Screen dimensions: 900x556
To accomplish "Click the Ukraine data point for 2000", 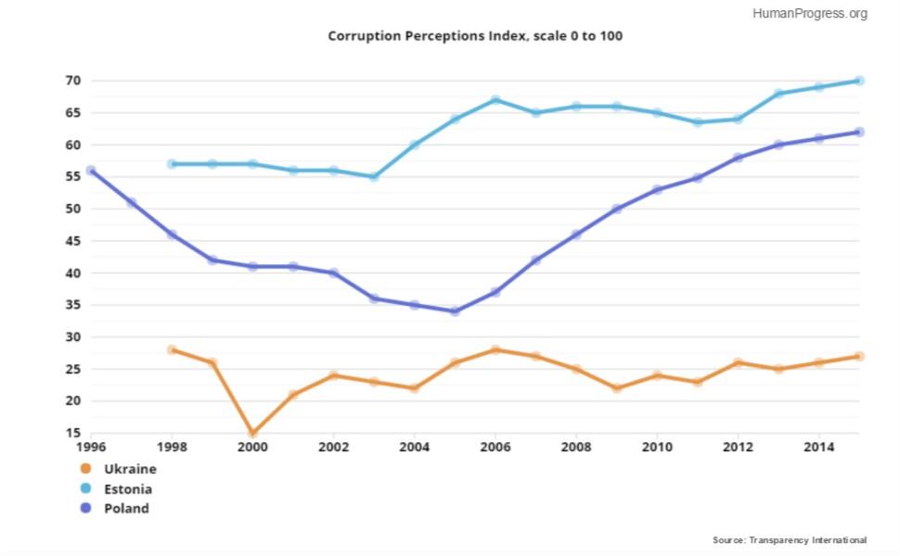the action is [x=252, y=433].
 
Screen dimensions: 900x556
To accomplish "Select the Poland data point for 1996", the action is [x=91, y=171].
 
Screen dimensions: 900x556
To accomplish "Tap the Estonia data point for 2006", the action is [x=495, y=100].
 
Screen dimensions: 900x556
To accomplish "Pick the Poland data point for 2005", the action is [x=456, y=311].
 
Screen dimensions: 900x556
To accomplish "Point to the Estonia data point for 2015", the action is [x=859, y=81].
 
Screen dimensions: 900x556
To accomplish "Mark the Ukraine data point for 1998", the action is [x=172, y=349].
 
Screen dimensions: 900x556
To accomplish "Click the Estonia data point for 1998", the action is [x=172, y=164].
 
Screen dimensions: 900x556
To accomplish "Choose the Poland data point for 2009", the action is [x=617, y=209].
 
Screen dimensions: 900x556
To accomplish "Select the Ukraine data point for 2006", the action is [x=495, y=349].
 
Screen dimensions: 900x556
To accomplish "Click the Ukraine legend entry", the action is [x=119, y=469].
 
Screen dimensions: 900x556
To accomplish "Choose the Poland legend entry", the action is [x=115, y=509].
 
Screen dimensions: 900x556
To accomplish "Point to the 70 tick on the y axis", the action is [x=73, y=81].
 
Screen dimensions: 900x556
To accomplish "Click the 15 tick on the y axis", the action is [x=73, y=433].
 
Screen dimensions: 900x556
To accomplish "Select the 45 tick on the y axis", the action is [x=73, y=241].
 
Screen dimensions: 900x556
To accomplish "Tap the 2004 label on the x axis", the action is [x=415, y=447].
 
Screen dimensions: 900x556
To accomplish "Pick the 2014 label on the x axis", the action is [x=819, y=447].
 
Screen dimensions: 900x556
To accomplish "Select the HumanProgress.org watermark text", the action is [x=810, y=13].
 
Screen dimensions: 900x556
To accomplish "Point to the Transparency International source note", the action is [x=790, y=540].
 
